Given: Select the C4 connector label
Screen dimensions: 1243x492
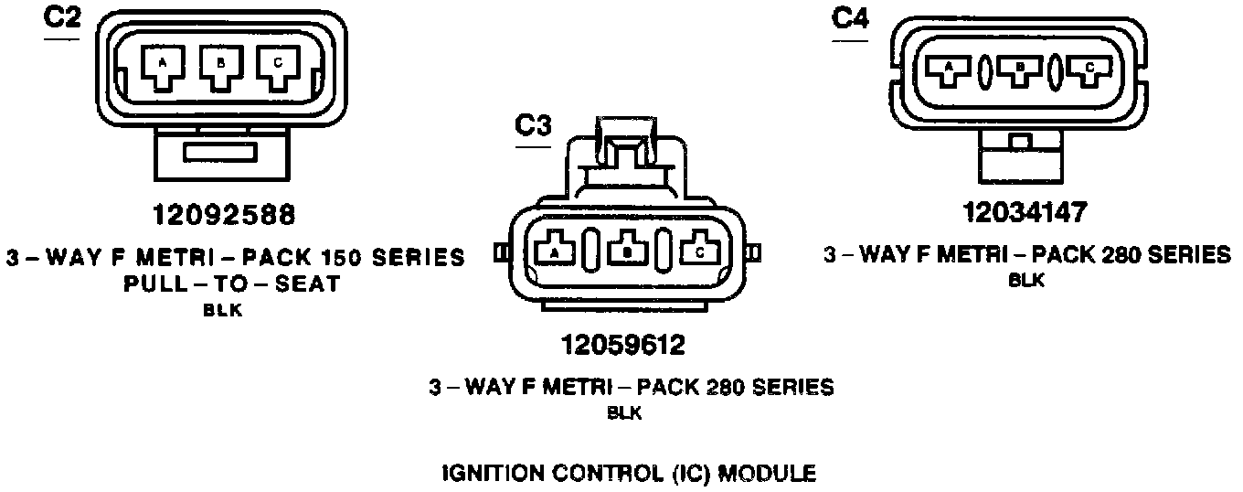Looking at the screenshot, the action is click(850, 19).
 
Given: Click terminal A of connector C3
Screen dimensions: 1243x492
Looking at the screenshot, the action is click(554, 250).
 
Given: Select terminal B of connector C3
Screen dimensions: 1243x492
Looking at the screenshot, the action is click(628, 250).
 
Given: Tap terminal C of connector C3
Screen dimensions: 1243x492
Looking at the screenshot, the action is click(700, 250).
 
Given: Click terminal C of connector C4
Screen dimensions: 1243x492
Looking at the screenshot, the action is click(1087, 70).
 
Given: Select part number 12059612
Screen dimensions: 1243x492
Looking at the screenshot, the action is click(626, 346).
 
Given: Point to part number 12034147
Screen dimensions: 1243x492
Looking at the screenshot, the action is click(1025, 212).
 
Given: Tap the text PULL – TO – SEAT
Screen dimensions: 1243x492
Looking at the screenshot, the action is click(231, 283).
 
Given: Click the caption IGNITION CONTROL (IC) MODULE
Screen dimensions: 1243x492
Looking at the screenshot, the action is click(629, 474).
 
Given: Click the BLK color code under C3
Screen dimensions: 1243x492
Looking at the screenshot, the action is click(625, 413).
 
